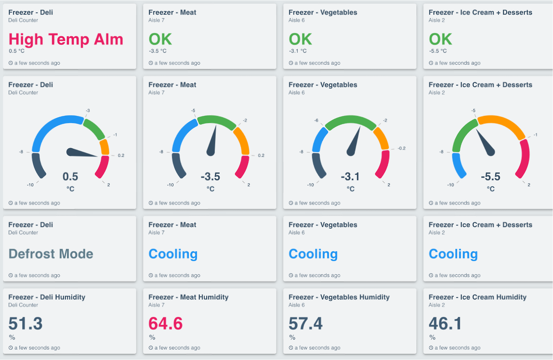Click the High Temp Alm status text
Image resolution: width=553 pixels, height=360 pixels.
tap(66, 40)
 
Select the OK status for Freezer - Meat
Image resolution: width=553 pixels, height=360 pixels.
tap(160, 40)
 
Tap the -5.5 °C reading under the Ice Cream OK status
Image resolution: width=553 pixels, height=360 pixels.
tap(438, 51)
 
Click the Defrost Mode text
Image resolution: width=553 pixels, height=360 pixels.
tap(51, 254)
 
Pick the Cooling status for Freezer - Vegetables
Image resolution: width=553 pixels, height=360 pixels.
tap(313, 254)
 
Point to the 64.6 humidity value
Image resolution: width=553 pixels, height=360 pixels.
tap(165, 323)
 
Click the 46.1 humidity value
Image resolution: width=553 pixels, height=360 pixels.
tap(445, 323)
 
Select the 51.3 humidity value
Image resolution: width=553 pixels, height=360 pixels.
tap(25, 323)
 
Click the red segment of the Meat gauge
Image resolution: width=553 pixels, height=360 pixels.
tap(242, 167)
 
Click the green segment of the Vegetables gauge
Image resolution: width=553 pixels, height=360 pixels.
tap(350, 121)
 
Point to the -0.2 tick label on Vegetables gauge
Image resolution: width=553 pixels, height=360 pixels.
tap(401, 148)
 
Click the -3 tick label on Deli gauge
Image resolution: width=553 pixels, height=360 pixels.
tap(88, 111)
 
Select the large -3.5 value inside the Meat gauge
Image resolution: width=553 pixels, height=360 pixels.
tap(210, 177)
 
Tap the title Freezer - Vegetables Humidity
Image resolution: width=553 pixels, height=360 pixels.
tap(339, 297)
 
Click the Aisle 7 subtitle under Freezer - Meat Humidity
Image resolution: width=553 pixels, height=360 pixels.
tap(156, 305)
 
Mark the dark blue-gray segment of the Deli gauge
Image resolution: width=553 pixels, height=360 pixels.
tap(38, 165)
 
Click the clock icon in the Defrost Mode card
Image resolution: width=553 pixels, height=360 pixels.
tap(11, 275)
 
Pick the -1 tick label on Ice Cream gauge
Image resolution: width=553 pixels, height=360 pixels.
tap(535, 135)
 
